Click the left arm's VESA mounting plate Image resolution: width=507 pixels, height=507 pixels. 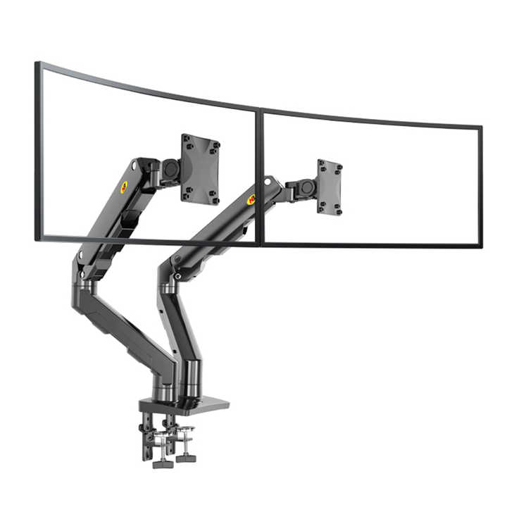(x=200, y=169)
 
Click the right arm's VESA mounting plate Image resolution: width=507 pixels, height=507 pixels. (x=329, y=187)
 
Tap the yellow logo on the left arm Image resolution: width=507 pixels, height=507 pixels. (x=124, y=187)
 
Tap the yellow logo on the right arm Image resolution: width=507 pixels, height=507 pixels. (x=251, y=199)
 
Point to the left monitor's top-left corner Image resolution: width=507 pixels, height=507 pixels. (x=37, y=64)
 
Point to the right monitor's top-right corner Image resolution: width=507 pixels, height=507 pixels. (x=481, y=127)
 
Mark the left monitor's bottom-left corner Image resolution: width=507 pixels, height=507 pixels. (x=37, y=239)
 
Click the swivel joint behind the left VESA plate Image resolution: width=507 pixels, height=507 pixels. (x=170, y=169)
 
